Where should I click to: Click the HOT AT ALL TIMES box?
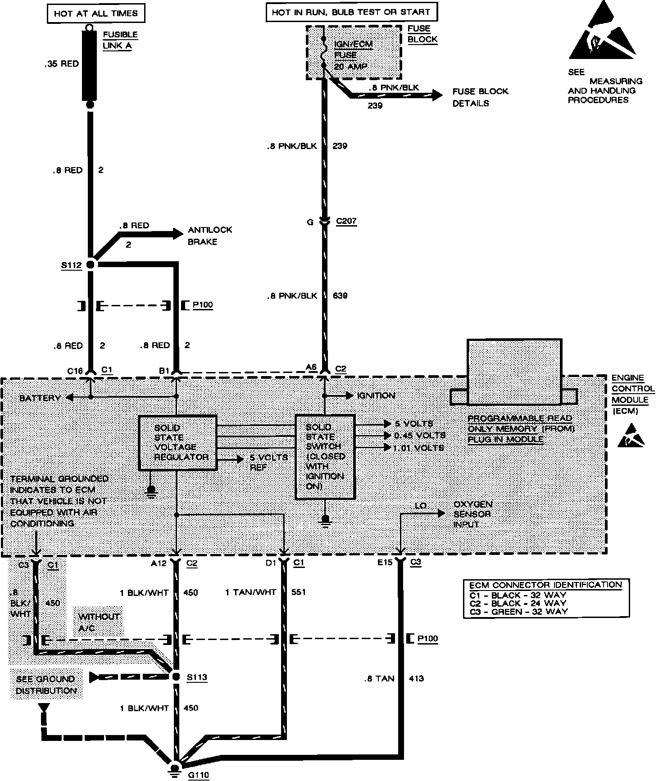pos(95,14)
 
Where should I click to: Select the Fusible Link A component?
pos(90,65)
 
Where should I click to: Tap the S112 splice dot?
pos(90,265)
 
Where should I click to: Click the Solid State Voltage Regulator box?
pos(177,443)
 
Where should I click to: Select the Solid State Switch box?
pos(325,456)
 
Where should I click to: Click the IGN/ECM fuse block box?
pos(354,53)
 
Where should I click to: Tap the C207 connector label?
pos(346,222)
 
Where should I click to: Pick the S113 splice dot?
pos(176,677)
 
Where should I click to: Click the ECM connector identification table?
pos(546,598)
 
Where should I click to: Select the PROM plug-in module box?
pos(514,372)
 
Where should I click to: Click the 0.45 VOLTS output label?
pos(419,436)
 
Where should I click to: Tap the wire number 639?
pos(340,296)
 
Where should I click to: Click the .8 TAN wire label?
pos(379,678)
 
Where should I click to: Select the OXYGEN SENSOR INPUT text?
pos(472,514)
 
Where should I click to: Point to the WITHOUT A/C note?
pos(99,622)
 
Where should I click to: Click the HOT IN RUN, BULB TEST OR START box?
pos(351,12)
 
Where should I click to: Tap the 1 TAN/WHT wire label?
pos(250,592)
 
